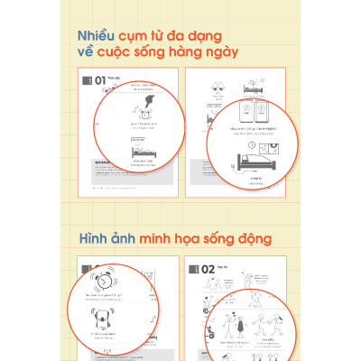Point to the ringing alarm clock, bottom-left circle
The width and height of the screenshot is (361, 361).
pos(106,277)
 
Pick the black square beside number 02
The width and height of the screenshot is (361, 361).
pos(195,269)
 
